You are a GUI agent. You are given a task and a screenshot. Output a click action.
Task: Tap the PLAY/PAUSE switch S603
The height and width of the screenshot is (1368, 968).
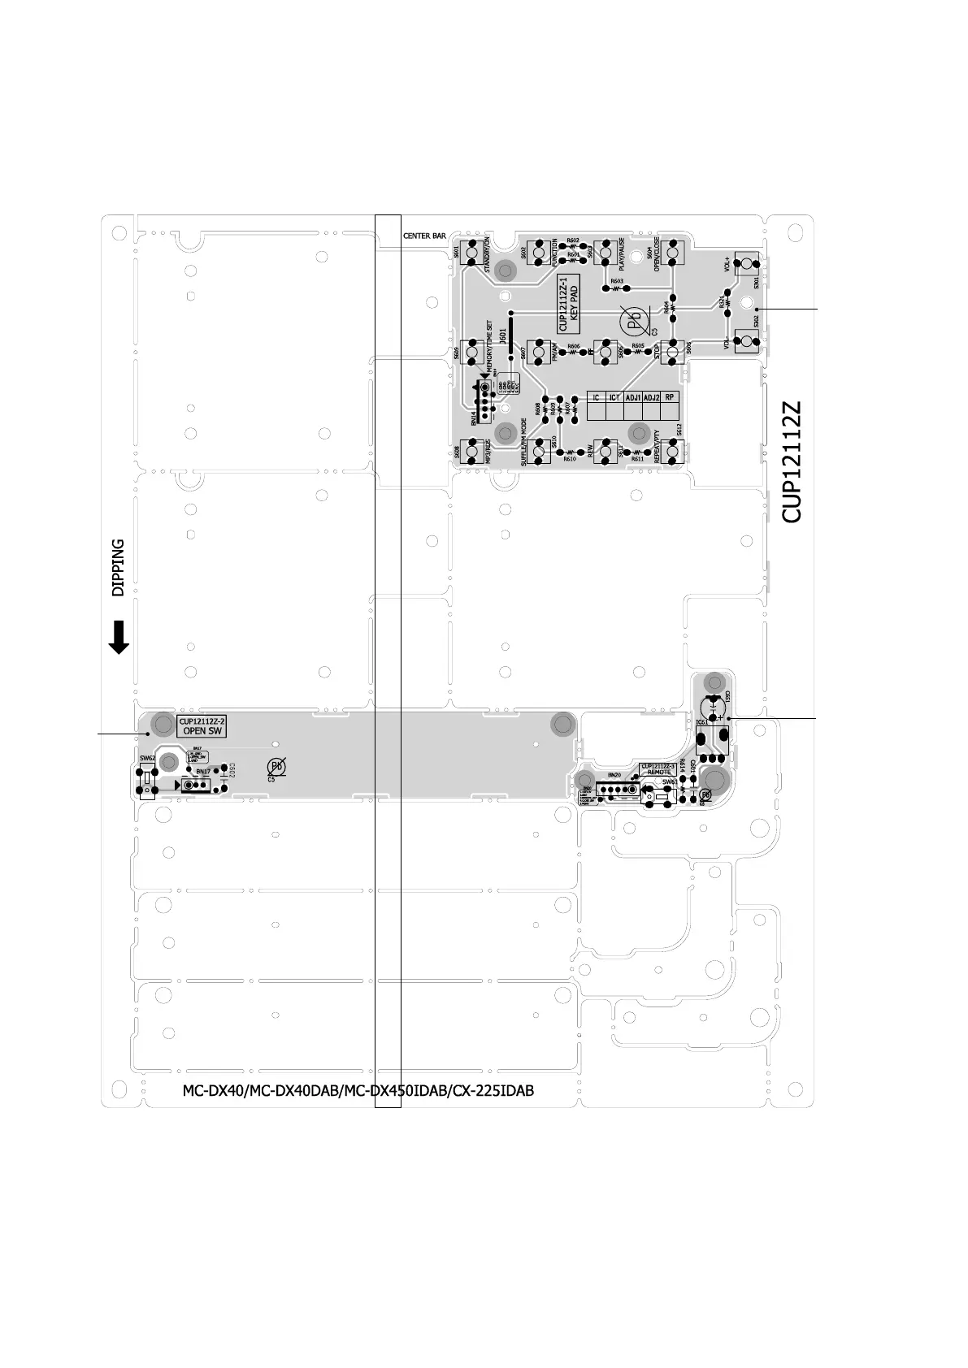(x=605, y=253)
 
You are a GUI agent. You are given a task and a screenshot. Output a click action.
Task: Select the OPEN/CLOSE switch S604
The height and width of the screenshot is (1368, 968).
(x=672, y=253)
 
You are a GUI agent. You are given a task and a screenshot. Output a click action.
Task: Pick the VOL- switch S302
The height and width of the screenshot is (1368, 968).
(x=746, y=341)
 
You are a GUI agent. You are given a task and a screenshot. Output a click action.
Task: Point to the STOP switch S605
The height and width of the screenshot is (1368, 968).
(x=672, y=353)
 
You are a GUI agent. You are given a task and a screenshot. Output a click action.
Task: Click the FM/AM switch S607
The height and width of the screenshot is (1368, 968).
(x=538, y=353)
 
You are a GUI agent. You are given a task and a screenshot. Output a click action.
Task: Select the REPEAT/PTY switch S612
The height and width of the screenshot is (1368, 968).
(x=672, y=451)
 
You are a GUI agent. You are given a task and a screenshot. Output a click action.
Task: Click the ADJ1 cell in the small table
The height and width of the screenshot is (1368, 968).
(x=633, y=398)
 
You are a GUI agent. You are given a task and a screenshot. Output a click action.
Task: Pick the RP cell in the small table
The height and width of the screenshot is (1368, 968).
(x=669, y=398)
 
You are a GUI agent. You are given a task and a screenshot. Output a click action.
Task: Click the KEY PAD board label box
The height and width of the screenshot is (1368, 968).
(x=569, y=303)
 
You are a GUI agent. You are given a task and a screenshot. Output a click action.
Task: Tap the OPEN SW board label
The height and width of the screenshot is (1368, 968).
(x=202, y=726)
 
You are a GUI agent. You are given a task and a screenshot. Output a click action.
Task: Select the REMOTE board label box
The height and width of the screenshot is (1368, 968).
(x=658, y=768)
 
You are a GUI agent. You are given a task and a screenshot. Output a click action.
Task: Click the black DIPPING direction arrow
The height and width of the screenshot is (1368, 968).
(x=119, y=638)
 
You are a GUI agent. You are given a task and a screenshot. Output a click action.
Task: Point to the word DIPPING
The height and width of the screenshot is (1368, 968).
(x=119, y=567)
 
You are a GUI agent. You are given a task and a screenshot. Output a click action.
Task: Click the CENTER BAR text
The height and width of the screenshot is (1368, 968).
(x=424, y=236)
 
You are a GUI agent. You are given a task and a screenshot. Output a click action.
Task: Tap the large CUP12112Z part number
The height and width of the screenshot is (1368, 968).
(x=792, y=461)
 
